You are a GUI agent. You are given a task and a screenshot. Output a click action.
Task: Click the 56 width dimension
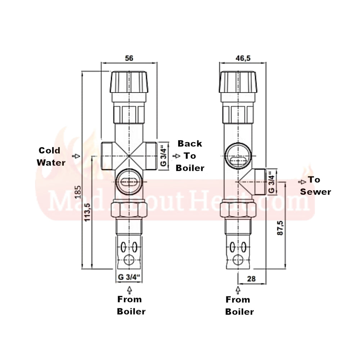coord(129,58)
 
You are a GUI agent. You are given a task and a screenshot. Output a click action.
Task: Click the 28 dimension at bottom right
coord(251,278)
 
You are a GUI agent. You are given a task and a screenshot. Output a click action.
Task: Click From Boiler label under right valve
coord(238,306)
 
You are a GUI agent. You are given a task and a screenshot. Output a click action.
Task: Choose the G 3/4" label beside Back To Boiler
coord(163,156)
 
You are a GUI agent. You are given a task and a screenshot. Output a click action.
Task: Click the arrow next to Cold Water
coord(76,156)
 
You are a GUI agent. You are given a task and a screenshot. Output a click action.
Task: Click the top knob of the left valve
coord(129,81)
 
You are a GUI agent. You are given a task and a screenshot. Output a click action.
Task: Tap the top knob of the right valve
coord(239,81)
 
